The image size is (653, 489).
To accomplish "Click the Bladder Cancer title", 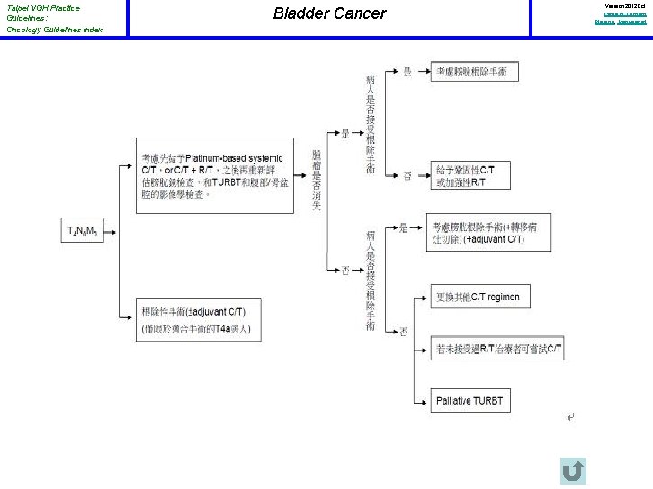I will coord(329,13).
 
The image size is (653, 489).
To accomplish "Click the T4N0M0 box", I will coord(83,231).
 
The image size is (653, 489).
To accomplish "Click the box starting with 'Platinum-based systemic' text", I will coord(215,175).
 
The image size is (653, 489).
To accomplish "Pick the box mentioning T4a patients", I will coord(198,321).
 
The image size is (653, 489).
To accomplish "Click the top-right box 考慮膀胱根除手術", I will coord(475,71).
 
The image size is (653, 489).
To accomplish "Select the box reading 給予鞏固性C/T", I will coord(470,176).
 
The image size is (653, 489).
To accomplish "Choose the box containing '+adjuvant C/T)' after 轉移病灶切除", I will coord(488,232).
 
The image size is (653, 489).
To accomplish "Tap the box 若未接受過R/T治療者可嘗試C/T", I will coord(498,348).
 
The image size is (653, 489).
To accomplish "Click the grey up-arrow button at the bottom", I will coord(572,471).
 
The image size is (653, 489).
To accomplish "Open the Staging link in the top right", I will coord(604,22).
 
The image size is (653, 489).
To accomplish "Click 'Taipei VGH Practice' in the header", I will coord(42,8).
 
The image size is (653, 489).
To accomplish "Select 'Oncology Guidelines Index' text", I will coord(54,30).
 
